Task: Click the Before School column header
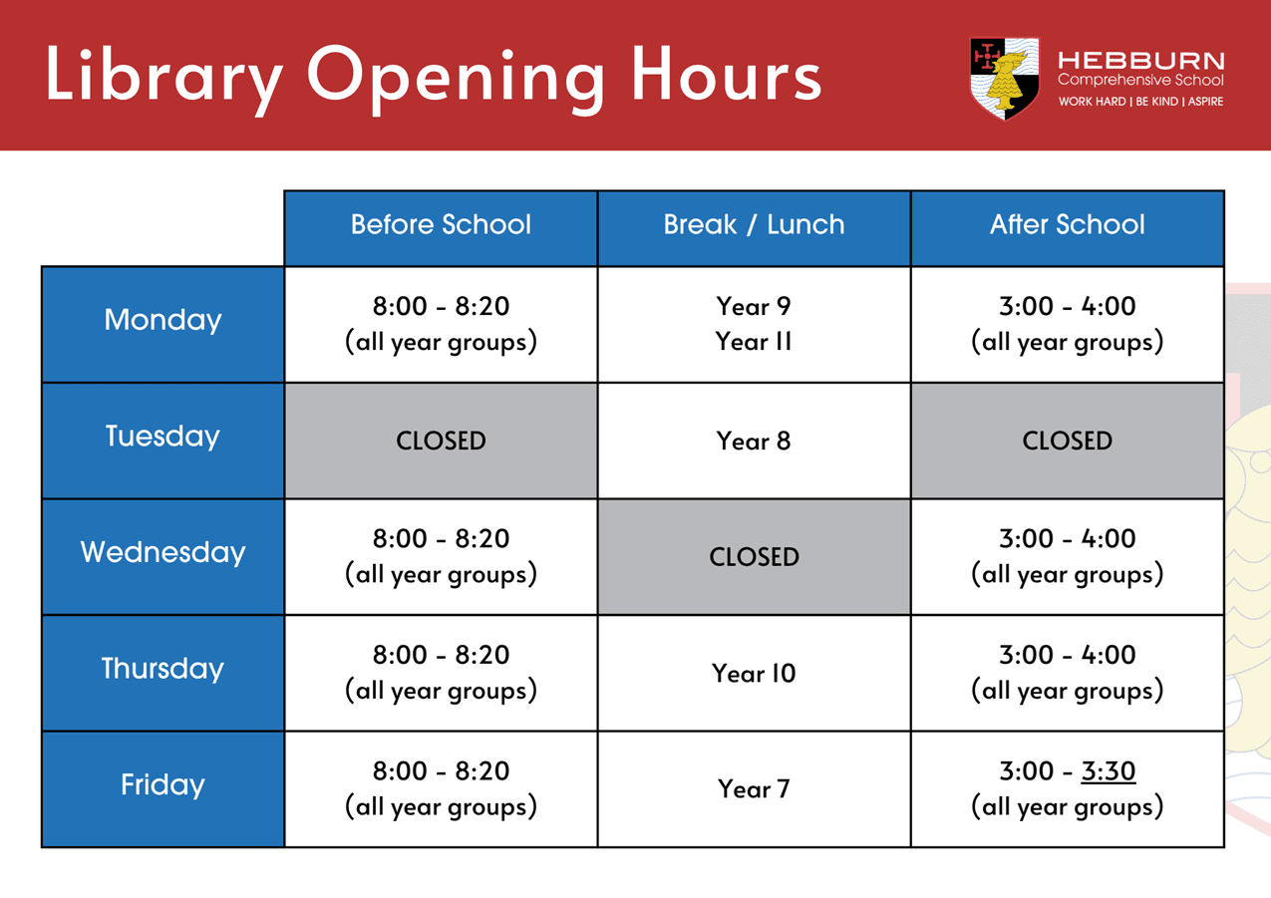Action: point(441,224)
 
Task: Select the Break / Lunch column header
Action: point(754,224)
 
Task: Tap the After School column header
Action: point(1068,224)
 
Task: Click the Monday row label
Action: point(162,321)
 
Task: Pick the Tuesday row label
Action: point(162,437)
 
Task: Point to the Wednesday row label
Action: point(162,552)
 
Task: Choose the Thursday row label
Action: point(162,669)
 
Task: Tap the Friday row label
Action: point(162,785)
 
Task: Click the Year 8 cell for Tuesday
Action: point(754,441)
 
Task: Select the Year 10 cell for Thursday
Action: point(754,674)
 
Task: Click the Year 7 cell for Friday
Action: point(754,789)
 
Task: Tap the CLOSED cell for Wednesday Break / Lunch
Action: point(754,557)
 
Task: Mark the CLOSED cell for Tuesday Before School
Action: point(441,441)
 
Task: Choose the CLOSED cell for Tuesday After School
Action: point(1068,441)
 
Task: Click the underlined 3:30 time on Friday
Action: point(1109,771)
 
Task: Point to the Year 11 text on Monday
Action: point(754,342)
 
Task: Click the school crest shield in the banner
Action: point(1004,79)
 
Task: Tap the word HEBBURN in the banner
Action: point(1140,61)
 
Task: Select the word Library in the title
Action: point(163,79)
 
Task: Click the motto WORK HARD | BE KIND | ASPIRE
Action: point(1140,102)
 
